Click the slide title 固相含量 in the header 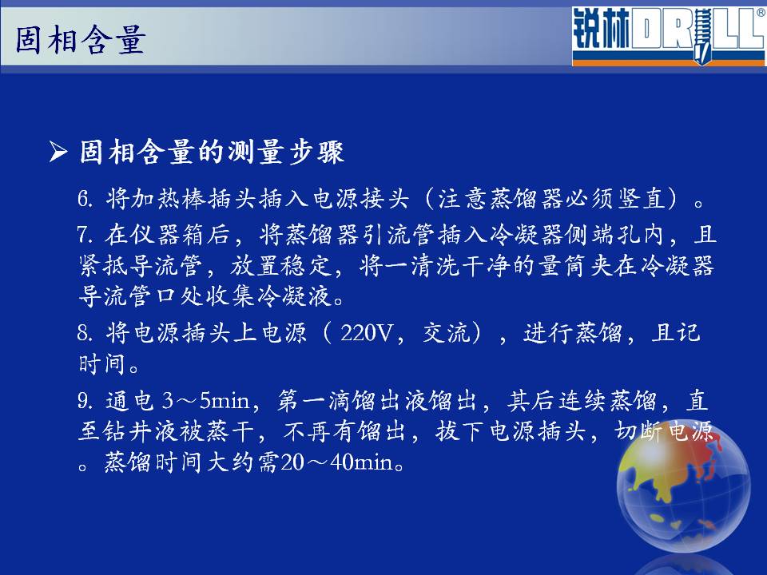[81, 40]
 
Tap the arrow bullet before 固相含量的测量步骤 [58, 152]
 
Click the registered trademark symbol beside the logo [761, 13]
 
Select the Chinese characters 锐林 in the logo [601, 29]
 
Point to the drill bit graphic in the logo [701, 35]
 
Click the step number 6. [85, 199]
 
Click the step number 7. [84, 235]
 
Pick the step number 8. [85, 333]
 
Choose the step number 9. [85, 401]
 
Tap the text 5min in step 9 [225, 401]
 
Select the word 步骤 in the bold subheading [317, 152]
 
